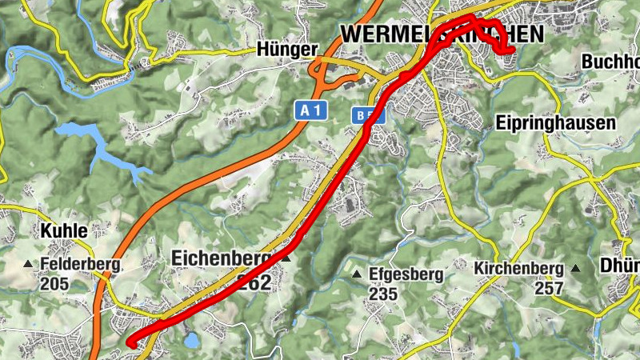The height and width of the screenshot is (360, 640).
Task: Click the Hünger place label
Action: click(286, 50)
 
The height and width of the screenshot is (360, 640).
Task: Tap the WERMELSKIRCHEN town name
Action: click(442, 34)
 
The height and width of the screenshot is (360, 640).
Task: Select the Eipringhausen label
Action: click(556, 123)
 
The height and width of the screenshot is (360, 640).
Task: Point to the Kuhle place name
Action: click(63, 230)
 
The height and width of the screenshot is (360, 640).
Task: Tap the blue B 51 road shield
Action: click(368, 116)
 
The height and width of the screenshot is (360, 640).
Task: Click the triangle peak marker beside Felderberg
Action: click(29, 264)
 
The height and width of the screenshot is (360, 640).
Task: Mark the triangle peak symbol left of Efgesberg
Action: click(357, 274)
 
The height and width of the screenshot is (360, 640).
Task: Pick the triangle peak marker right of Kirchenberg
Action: click(575, 268)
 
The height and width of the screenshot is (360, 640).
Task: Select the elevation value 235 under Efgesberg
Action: click(384, 294)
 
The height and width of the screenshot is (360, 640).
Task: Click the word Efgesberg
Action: click(406, 274)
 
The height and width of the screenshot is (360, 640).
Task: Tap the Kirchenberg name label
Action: click(518, 268)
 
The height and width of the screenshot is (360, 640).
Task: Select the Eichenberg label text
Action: click(221, 258)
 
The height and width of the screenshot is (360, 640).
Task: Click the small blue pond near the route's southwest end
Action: click(191, 341)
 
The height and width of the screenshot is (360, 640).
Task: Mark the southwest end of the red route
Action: click(130, 342)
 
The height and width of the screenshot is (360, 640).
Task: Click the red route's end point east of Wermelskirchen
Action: click(510, 51)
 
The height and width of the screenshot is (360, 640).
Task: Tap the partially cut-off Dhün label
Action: click(620, 266)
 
